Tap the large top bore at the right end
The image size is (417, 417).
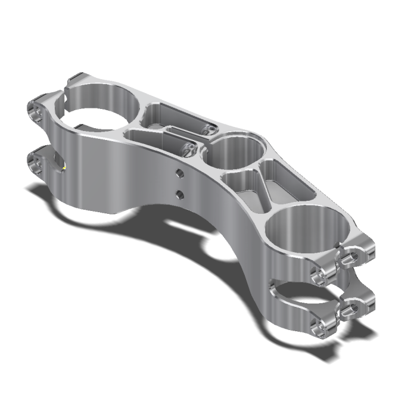(x=304, y=230)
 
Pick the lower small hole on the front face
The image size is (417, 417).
(x=178, y=194)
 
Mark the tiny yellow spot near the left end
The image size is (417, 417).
(x=64, y=167)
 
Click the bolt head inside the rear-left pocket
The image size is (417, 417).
(x=208, y=127)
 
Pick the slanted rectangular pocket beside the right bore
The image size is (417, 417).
(x=286, y=182)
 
